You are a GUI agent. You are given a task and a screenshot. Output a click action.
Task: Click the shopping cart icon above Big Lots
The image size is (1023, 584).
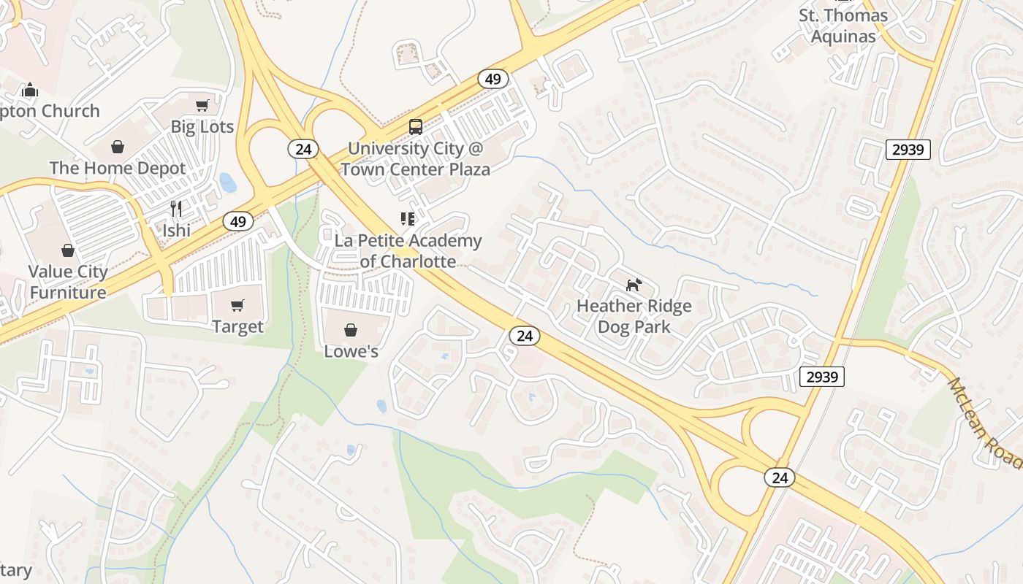[202, 105]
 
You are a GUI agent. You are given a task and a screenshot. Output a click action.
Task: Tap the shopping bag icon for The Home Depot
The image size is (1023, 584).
[118, 147]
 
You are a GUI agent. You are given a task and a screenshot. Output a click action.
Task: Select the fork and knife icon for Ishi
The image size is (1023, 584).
[176, 209]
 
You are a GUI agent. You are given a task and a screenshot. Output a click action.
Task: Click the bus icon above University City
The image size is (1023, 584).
[416, 127]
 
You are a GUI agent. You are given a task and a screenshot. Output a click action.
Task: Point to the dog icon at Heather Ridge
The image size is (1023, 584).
[634, 285]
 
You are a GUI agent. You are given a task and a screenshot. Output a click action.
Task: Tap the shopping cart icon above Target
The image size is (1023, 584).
[237, 305]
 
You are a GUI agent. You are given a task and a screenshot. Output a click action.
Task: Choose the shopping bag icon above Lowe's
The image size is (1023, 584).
[351, 330]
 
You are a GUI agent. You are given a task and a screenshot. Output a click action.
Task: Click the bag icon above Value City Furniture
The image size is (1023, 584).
[68, 250]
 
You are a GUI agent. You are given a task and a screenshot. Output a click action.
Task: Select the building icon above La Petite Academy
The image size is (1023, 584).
[408, 219]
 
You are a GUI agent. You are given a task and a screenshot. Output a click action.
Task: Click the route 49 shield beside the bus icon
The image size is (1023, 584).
[493, 79]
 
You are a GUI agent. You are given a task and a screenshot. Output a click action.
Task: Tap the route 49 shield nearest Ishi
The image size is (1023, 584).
[238, 221]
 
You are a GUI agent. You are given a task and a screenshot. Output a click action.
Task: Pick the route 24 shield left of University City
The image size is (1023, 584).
[303, 150]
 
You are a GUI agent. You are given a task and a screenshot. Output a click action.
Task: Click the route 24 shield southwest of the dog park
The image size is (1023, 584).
[524, 336]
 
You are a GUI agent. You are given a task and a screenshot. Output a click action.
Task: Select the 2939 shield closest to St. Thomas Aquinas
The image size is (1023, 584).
[908, 150]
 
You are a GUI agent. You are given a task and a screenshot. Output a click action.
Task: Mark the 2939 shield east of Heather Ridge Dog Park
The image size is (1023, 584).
[822, 377]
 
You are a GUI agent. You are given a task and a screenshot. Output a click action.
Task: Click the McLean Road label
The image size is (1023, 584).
[984, 423]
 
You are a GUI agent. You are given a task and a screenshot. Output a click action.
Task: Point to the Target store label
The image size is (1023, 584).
[237, 326]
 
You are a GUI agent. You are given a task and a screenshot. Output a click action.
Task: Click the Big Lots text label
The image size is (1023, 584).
[202, 127]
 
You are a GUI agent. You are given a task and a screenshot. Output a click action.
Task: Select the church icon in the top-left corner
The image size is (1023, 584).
[30, 90]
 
